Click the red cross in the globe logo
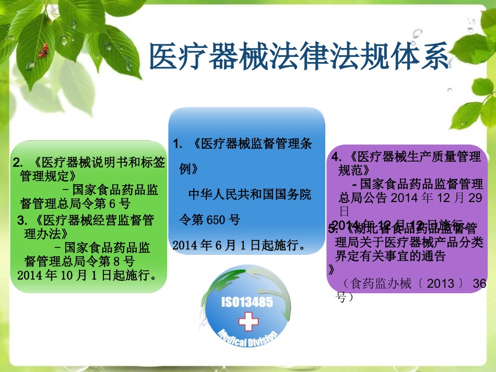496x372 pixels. [248, 321]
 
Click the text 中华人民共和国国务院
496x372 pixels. [249, 195]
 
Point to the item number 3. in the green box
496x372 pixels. [21, 219]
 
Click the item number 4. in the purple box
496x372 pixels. [337, 157]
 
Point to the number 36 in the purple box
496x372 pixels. [479, 284]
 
